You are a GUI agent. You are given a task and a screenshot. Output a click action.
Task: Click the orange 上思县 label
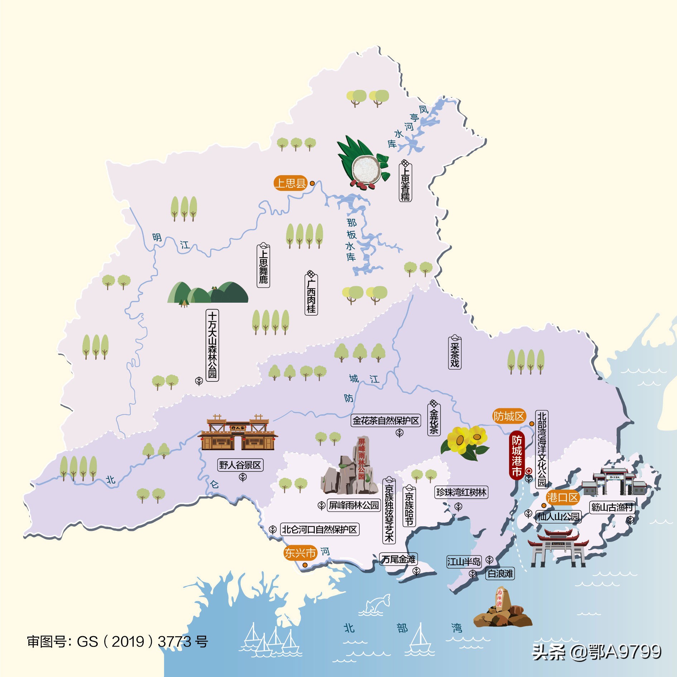click(291, 183)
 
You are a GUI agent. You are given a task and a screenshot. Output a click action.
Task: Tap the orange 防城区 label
click(509, 416)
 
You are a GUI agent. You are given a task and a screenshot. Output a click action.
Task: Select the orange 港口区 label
click(562, 498)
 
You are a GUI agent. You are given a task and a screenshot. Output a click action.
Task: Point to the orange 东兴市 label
click(300, 553)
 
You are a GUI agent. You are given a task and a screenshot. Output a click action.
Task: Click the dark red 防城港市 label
click(517, 456)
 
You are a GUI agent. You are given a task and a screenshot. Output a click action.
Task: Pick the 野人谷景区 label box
click(240, 465)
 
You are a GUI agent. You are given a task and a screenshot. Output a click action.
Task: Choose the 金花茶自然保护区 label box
click(386, 421)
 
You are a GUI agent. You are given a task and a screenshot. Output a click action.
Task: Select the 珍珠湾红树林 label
click(461, 493)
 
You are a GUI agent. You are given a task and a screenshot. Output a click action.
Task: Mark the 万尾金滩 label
click(398, 559)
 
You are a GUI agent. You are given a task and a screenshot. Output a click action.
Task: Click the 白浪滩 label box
click(500, 573)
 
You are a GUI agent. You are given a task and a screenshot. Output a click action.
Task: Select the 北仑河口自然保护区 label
click(320, 529)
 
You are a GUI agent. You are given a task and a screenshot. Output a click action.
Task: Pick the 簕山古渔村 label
click(612, 507)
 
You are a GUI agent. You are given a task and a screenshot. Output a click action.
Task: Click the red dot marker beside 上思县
click(312, 183)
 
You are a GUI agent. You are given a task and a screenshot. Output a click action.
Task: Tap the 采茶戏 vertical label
click(455, 353)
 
